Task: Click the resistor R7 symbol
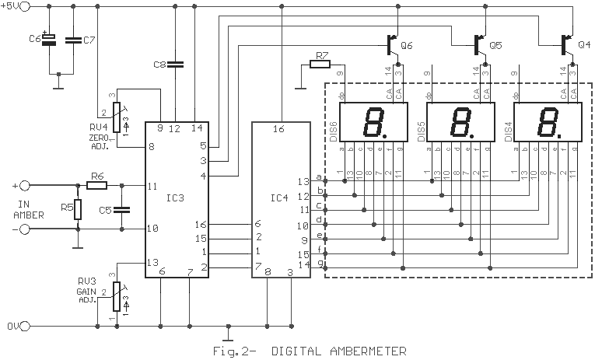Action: pos(320,65)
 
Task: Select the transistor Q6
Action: pos(392,45)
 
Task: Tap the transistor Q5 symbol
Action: pos(480,45)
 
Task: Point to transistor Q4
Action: pos(567,45)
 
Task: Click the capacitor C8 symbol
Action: pos(175,65)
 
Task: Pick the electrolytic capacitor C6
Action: pos(49,40)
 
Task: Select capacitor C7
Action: pos(73,40)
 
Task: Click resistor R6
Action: pos(96,185)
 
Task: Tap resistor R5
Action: pos(78,209)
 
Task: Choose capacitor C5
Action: pos(122,209)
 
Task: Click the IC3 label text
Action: pos(175,197)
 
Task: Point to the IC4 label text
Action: pos(279,197)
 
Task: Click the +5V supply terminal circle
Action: pos(24,6)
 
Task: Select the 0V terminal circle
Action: pos(24,326)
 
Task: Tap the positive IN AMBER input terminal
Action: pos(24,186)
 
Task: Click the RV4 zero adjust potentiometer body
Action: pos(117,117)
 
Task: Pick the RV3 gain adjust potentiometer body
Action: pos(117,297)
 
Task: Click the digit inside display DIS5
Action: pos(460,122)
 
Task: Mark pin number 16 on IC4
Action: pos(278,129)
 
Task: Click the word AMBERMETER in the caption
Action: pos(368,351)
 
